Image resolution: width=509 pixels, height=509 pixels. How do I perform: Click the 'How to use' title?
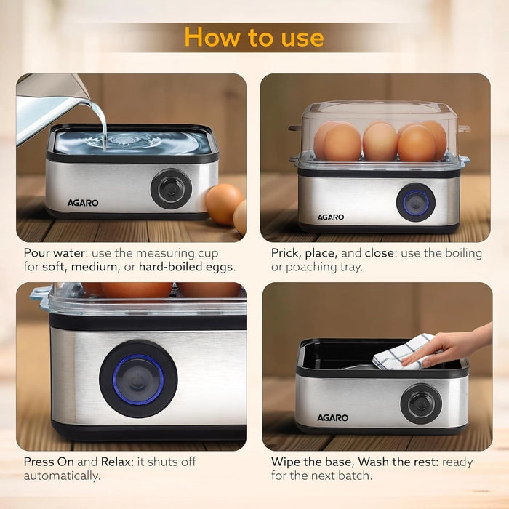click(254, 36)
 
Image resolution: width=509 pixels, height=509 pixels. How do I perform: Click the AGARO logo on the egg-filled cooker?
click(331, 217)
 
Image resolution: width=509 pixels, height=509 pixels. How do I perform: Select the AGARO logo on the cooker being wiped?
click(332, 418)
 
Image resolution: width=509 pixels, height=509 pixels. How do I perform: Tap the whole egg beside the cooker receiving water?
click(224, 204)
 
